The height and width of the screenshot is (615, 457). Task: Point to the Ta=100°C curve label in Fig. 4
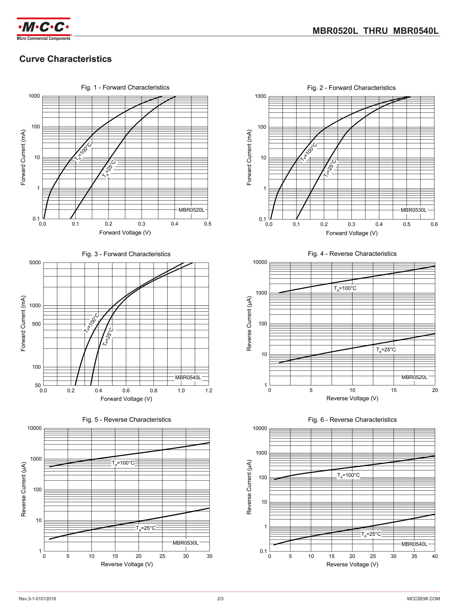point(345,288)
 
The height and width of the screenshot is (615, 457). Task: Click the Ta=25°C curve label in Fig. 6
point(371,534)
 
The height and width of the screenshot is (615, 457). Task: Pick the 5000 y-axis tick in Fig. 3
point(35,262)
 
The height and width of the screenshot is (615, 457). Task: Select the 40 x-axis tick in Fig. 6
point(435,556)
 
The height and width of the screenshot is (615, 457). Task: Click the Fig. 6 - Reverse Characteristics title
point(352,420)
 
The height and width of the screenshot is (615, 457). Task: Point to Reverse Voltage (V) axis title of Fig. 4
point(352,398)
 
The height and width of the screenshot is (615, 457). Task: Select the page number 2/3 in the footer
point(220,599)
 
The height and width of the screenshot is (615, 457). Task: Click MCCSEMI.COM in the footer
point(423,599)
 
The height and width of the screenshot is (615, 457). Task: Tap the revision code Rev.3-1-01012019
point(37,599)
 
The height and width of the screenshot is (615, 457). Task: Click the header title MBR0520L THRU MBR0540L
point(375,31)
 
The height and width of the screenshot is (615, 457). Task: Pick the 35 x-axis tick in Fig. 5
point(209,556)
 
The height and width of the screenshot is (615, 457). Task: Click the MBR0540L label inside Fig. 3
point(188,377)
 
